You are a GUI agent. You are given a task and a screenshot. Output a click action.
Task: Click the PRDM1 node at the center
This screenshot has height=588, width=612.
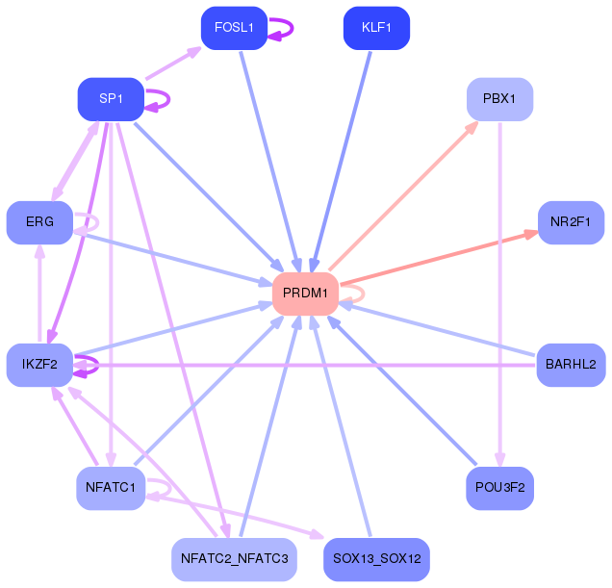pyautogui.click(x=305, y=293)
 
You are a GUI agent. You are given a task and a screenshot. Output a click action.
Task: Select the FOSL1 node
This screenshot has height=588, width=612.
pyautogui.click(x=234, y=28)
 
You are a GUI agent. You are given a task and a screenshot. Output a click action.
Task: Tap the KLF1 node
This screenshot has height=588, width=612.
pyautogui.click(x=376, y=28)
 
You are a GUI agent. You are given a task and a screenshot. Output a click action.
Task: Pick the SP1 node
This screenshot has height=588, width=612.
pyautogui.click(x=111, y=99)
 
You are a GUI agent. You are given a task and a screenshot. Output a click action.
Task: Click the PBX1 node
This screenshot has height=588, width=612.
pyautogui.click(x=499, y=99)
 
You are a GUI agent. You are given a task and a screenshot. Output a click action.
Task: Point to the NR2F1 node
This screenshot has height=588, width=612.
pyautogui.click(x=571, y=222)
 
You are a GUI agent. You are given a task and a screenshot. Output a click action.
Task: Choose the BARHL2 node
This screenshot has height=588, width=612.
pyautogui.click(x=571, y=365)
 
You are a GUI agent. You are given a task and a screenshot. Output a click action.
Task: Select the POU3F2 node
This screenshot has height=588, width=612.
pyautogui.click(x=499, y=488)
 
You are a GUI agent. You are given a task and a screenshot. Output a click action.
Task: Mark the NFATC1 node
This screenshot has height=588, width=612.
pyautogui.click(x=111, y=488)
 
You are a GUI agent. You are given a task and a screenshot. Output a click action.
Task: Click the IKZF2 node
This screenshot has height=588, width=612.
pyautogui.click(x=39, y=365)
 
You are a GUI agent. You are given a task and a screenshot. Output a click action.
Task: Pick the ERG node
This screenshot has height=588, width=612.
pyautogui.click(x=39, y=222)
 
